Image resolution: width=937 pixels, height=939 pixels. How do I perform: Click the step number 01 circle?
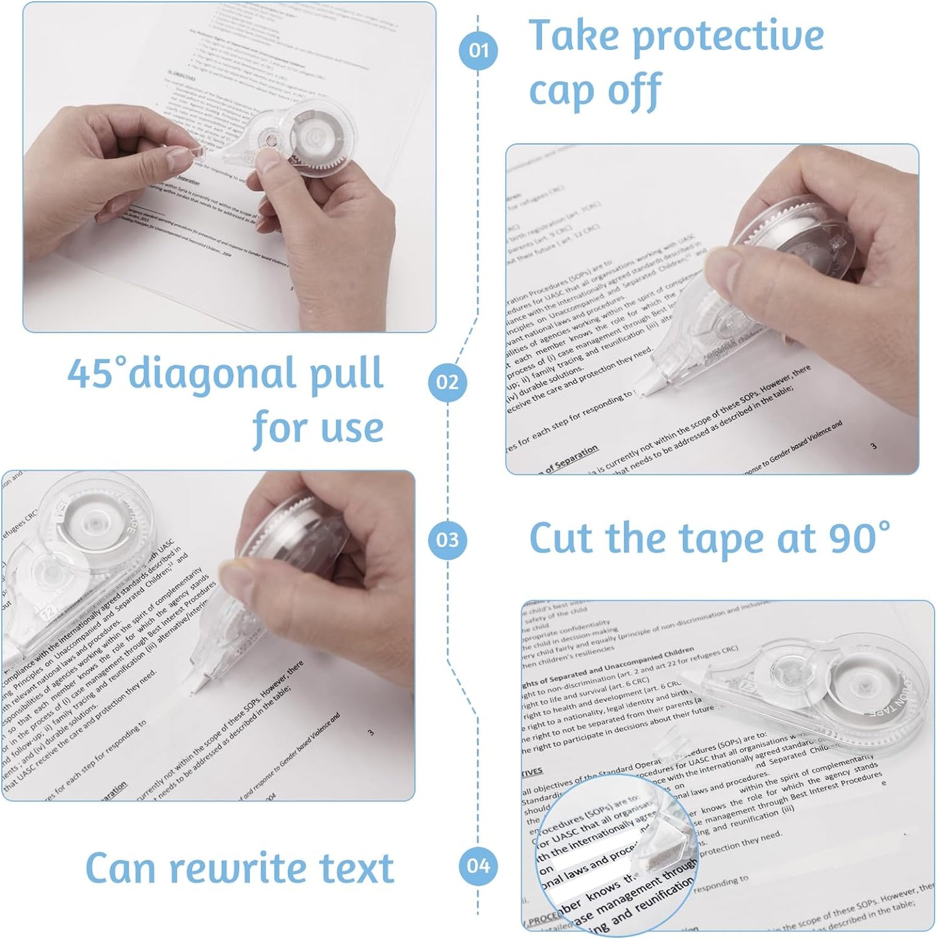478,51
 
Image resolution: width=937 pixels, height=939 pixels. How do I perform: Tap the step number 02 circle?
447,382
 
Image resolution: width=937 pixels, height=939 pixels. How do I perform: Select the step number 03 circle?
447,540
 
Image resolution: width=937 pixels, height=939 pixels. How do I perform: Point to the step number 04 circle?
478,865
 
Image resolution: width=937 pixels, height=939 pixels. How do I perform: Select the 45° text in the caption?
95,374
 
